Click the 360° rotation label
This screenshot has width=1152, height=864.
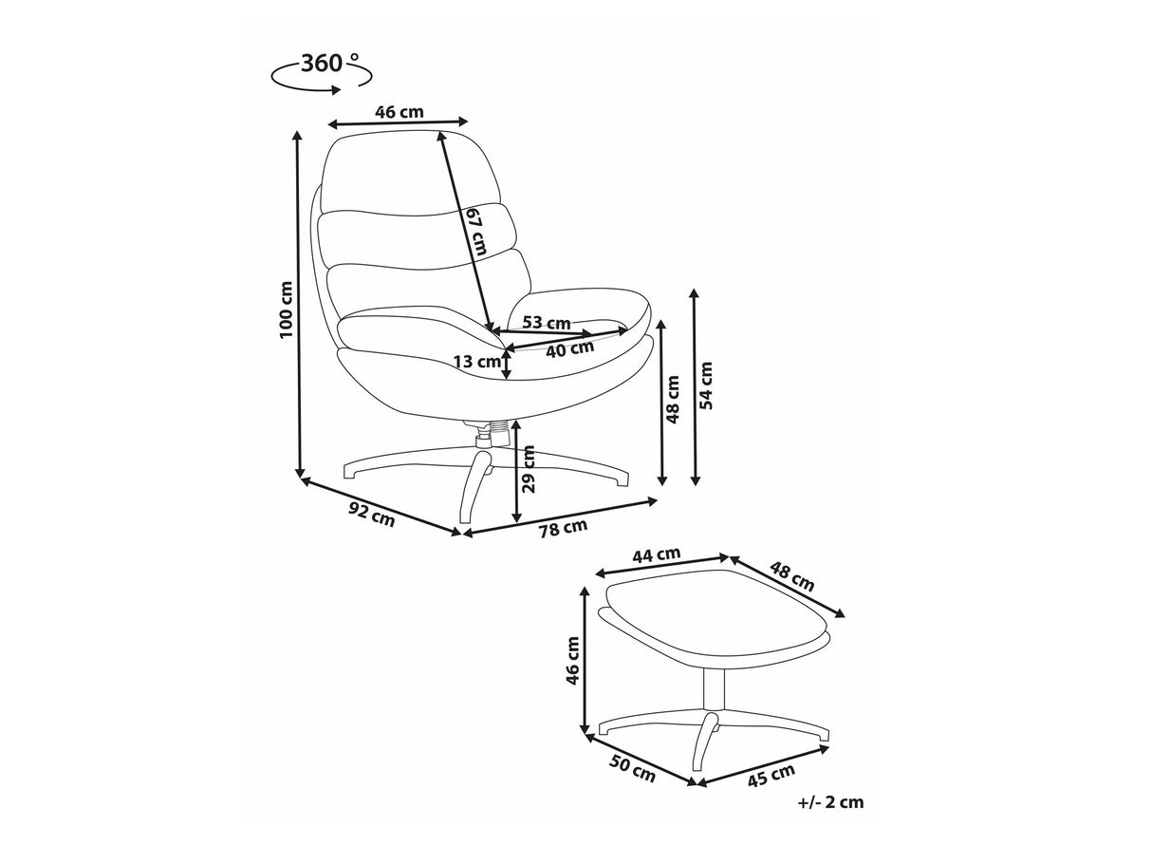tap(329, 64)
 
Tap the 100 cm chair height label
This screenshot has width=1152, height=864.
tap(286, 310)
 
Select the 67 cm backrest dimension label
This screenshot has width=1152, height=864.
tap(476, 231)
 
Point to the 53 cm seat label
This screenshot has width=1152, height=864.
tap(547, 322)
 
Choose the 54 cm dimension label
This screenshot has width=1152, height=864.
tap(707, 385)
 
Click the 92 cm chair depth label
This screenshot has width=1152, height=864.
tap(371, 514)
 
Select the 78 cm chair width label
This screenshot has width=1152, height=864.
tap(563, 528)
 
